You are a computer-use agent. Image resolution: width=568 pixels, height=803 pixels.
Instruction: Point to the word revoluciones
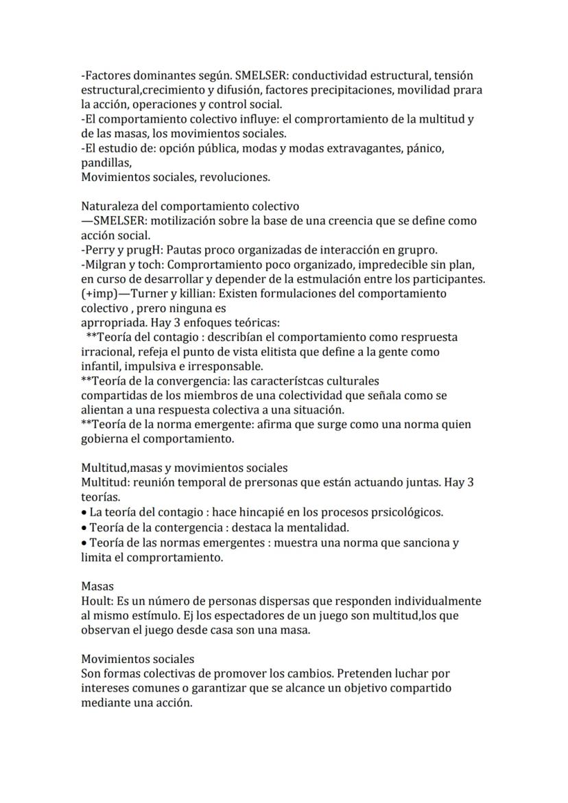click(x=235, y=177)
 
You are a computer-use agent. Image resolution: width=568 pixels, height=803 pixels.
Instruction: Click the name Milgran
click(x=104, y=264)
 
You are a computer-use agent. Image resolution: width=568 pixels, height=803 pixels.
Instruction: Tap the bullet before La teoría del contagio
click(x=84, y=513)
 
